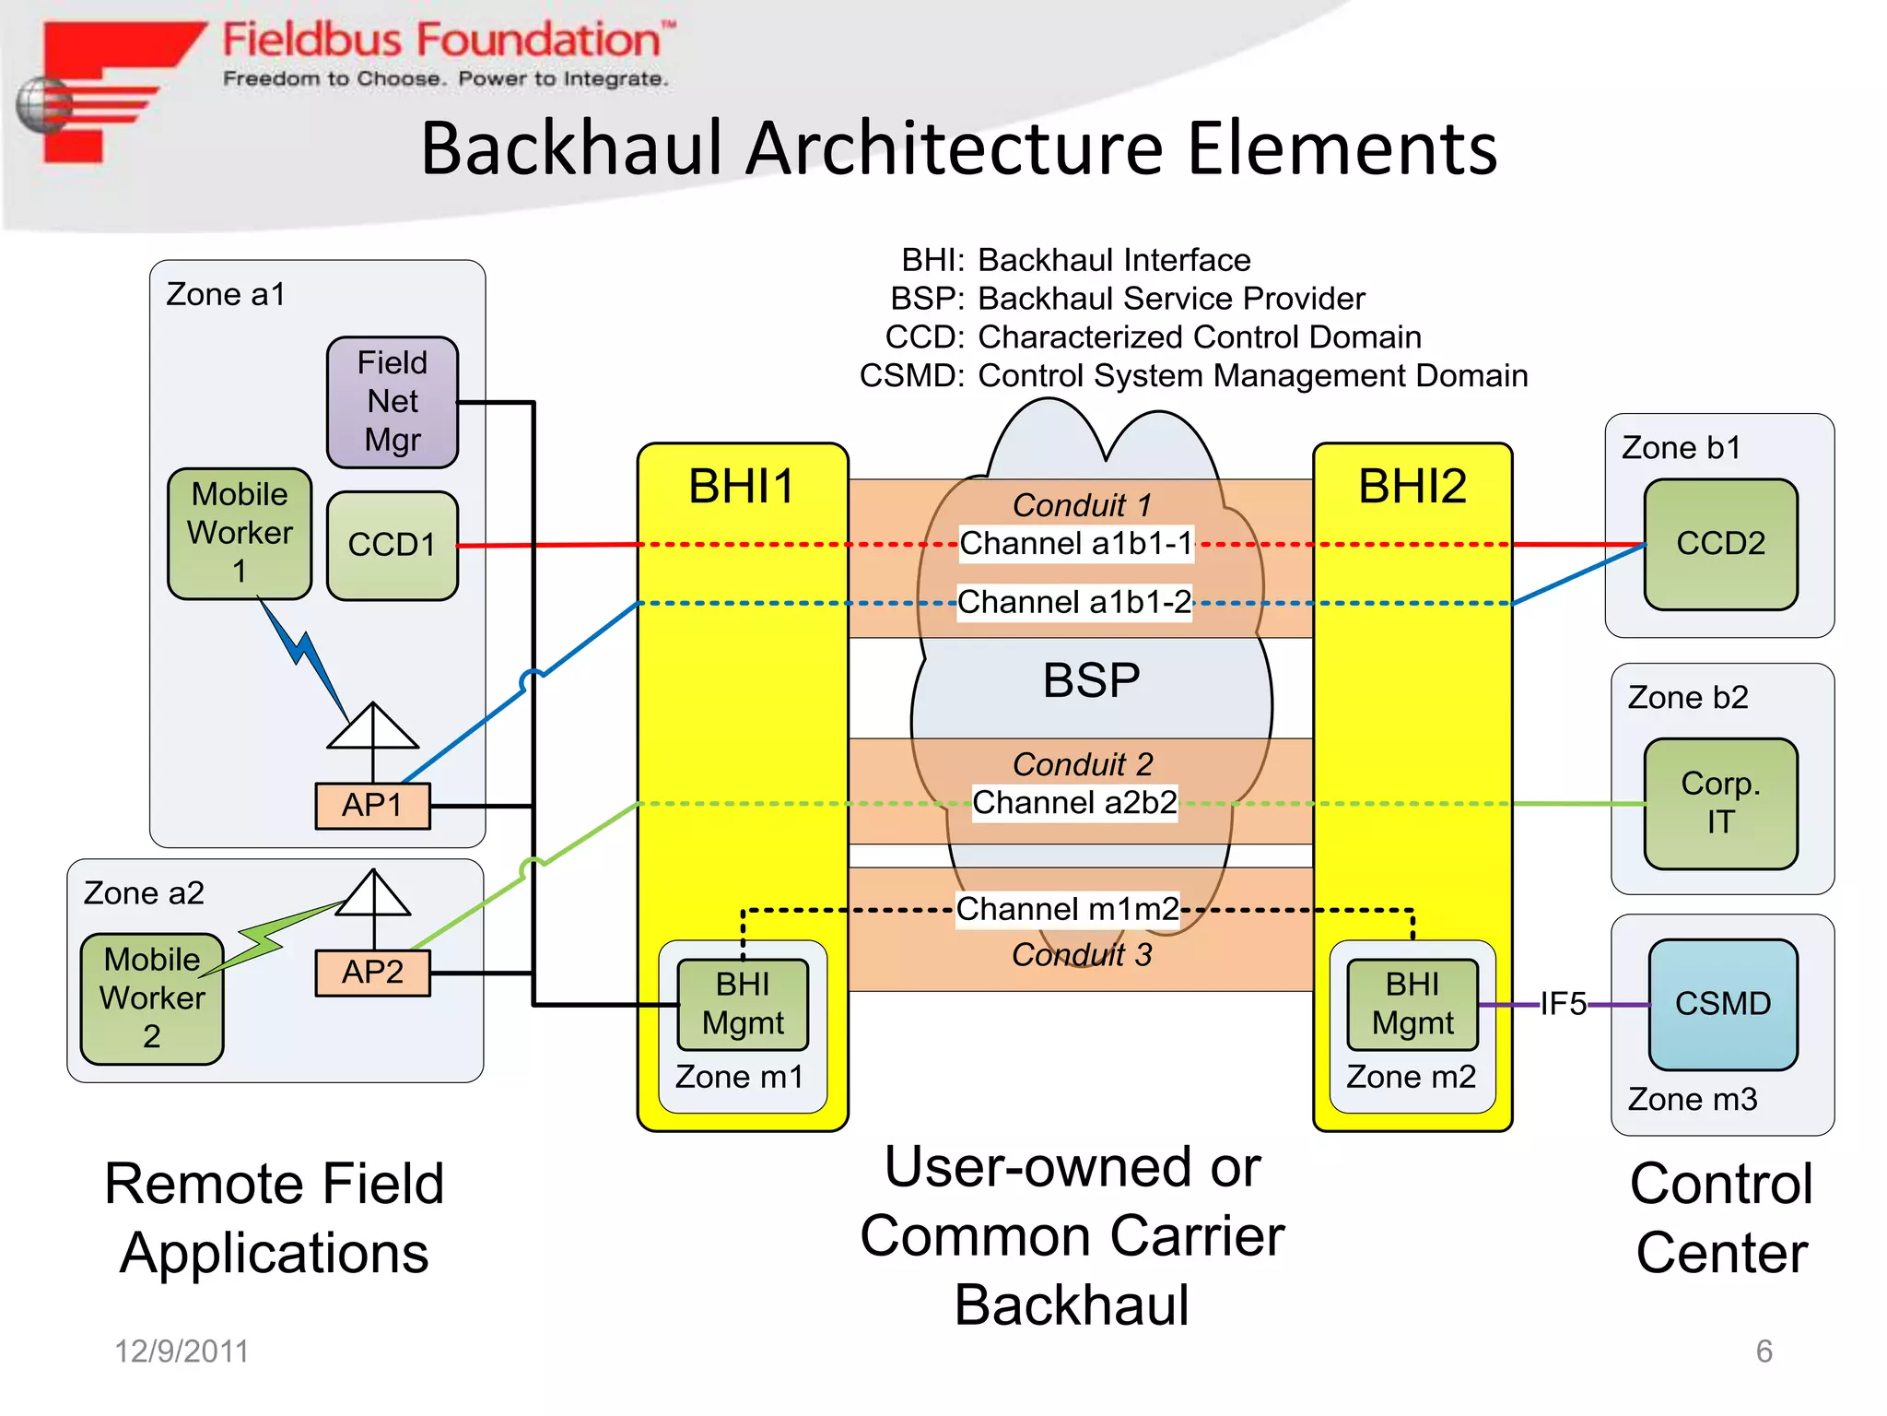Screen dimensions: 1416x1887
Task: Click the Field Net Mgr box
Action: [392, 402]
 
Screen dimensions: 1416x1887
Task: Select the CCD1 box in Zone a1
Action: [392, 545]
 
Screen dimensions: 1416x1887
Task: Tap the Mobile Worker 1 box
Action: [240, 533]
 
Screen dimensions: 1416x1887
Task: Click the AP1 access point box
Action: [372, 806]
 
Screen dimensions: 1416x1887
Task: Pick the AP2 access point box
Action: [372, 973]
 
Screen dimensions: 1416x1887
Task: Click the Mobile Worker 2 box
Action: [152, 998]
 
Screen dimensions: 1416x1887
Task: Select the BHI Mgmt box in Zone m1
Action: [743, 1004]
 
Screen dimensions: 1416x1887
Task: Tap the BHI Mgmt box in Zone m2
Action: [1412, 1004]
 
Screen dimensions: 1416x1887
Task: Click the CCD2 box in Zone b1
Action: [1720, 544]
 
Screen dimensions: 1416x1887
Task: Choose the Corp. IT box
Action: [1720, 803]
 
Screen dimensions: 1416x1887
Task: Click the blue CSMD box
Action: [1722, 1004]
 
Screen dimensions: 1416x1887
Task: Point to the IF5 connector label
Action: [1564, 1004]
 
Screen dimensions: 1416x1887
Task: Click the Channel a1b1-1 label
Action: [1075, 544]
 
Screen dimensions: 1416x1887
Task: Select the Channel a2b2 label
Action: [1074, 803]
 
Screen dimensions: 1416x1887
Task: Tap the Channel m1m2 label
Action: [1067, 909]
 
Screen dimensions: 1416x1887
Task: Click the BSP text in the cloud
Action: [1091, 680]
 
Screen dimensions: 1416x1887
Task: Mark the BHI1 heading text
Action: [742, 486]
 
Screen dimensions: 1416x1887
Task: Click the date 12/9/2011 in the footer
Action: [182, 1351]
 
